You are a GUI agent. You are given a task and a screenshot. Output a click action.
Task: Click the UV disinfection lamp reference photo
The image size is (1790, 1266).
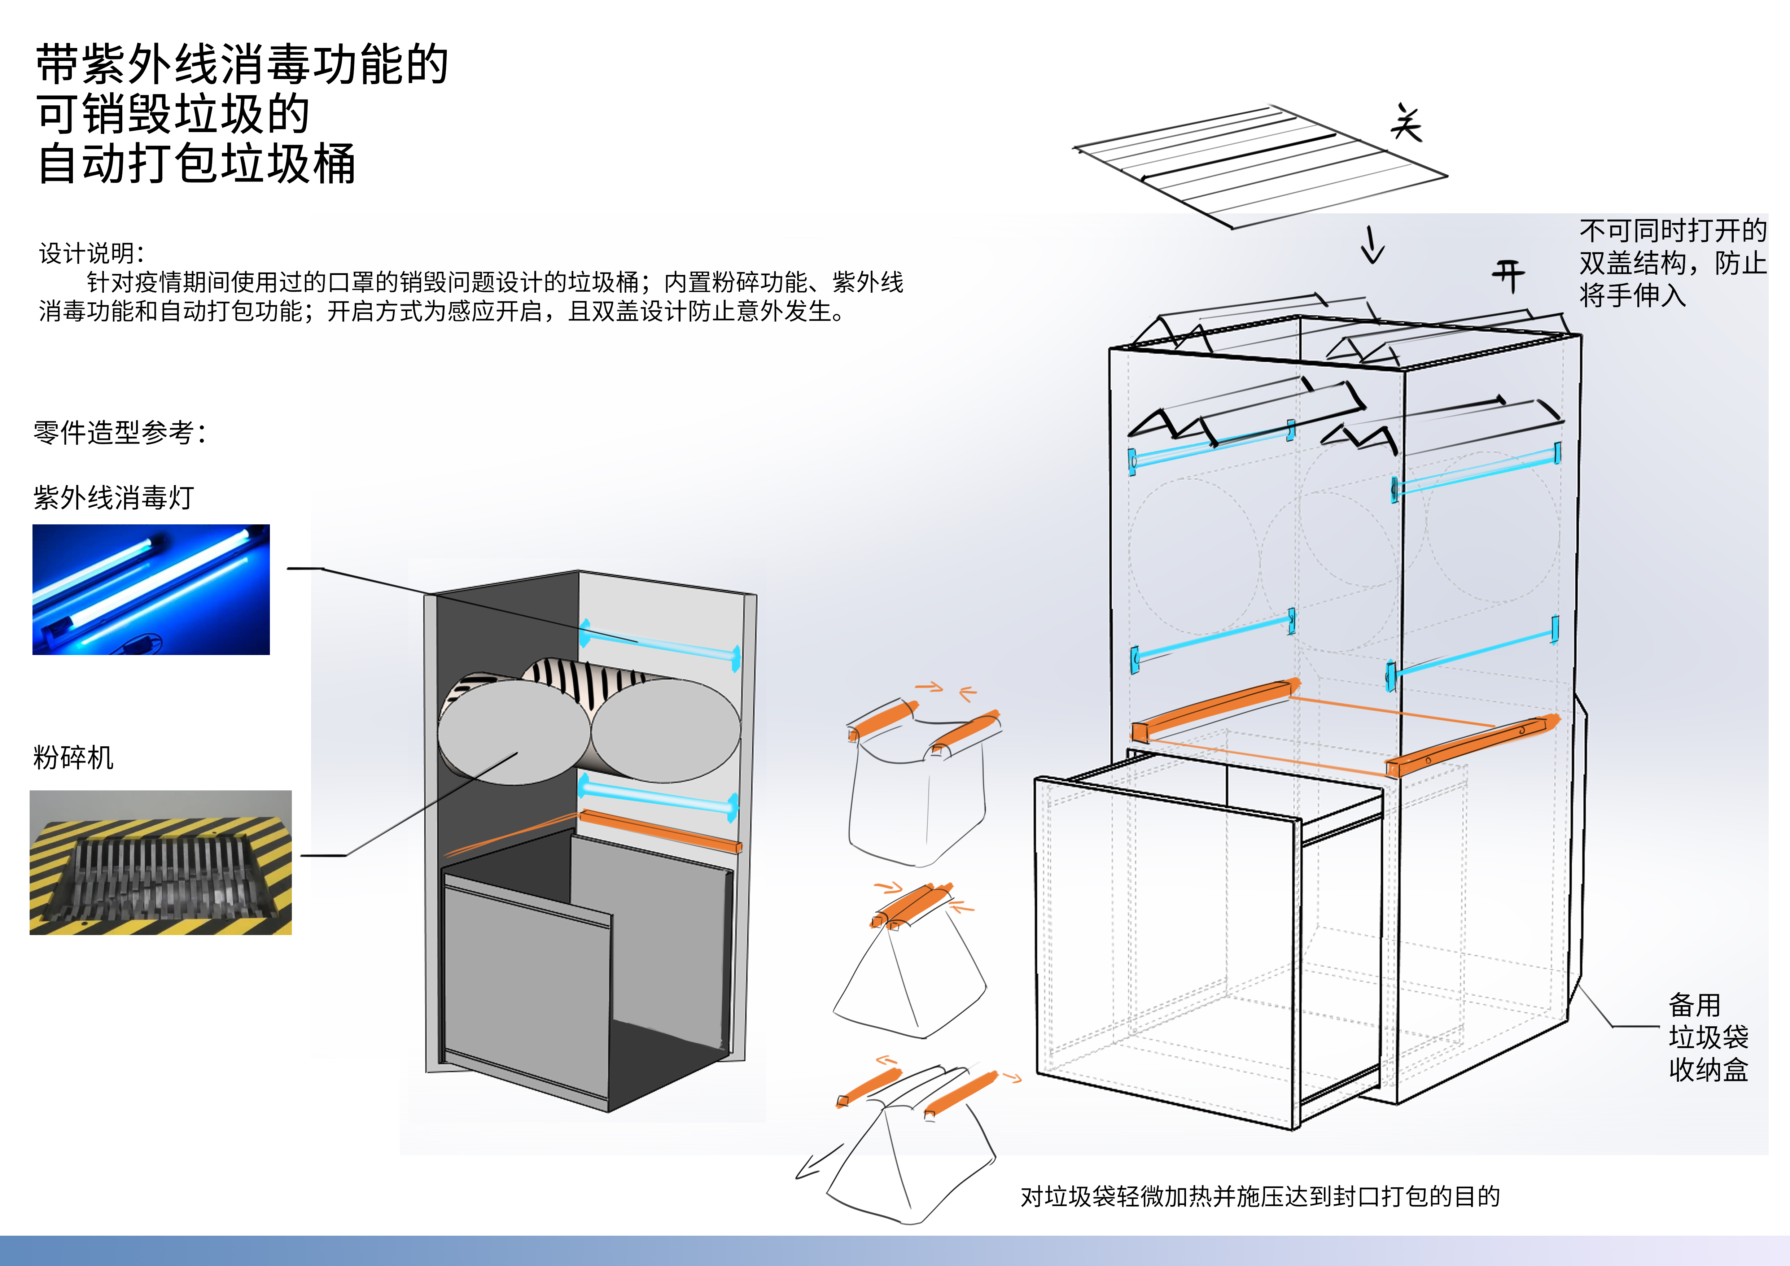(150, 589)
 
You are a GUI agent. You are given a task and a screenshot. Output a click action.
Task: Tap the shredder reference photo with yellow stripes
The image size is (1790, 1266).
(161, 862)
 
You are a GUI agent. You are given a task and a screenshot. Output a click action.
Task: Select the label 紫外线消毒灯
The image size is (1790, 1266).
(114, 497)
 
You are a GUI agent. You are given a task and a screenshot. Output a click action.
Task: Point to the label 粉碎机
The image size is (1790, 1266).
(73, 757)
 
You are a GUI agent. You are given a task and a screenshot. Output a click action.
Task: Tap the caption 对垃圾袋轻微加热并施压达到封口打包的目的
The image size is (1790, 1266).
(1260, 1196)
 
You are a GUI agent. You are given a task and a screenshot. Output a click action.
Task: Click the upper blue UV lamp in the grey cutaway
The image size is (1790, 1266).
(659, 644)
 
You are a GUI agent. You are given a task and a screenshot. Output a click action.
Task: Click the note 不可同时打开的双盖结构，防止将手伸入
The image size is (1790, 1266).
(1672, 263)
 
